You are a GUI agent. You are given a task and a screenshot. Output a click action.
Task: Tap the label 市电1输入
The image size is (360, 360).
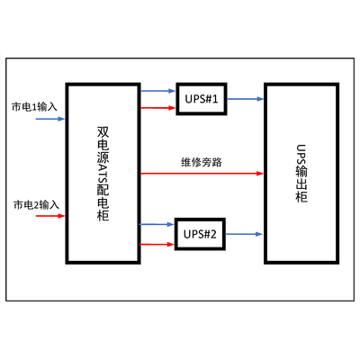pyautogui.click(x=34, y=107)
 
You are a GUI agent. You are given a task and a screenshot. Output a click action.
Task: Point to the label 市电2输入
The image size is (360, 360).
pyautogui.click(x=36, y=205)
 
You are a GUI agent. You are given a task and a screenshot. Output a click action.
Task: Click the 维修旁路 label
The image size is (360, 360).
pyautogui.click(x=202, y=162)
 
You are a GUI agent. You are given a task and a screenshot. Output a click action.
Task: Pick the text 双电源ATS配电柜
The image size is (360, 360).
pyautogui.click(x=103, y=174)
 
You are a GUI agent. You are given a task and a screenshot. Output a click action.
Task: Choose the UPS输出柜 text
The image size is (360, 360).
pyautogui.click(x=301, y=174)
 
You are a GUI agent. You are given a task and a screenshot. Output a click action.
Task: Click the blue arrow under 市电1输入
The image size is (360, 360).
pyautogui.click(x=50, y=119)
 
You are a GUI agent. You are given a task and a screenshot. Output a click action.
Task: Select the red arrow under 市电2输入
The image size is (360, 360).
pyautogui.click(x=50, y=216)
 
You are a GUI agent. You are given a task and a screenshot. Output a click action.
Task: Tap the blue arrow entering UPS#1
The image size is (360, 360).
pyautogui.click(x=157, y=91)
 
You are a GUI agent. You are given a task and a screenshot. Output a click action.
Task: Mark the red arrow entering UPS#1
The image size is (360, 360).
pyautogui.click(x=157, y=108)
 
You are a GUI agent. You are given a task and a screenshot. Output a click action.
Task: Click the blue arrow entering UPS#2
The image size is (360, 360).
pyautogui.click(x=157, y=224)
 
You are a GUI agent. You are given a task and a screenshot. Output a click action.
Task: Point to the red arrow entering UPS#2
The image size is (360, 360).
pyautogui.click(x=157, y=245)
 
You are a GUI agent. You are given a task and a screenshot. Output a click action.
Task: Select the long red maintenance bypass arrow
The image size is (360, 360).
pyautogui.click(x=202, y=174)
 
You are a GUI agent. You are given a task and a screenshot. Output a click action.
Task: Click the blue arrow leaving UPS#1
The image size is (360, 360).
pyautogui.click(x=245, y=99)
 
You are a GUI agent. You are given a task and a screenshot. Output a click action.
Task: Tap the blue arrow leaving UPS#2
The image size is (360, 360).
pyautogui.click(x=244, y=234)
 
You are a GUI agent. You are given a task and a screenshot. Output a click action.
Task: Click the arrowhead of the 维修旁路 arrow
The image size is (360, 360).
pyautogui.click(x=260, y=174)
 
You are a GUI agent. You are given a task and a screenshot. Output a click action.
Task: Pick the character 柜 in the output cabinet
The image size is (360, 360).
pyautogui.click(x=301, y=197)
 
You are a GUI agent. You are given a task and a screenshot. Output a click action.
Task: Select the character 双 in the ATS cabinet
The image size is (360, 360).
pyautogui.click(x=103, y=132)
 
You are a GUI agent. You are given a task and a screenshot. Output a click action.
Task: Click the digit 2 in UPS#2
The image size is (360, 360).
pyautogui.click(x=213, y=234)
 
